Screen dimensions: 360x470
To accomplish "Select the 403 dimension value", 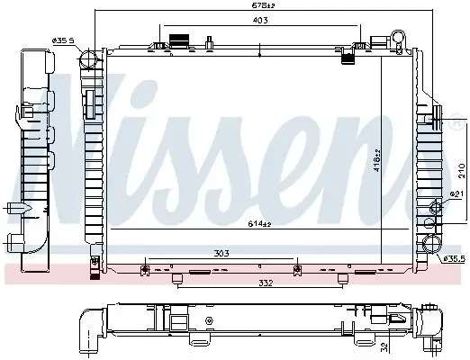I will point(260,21).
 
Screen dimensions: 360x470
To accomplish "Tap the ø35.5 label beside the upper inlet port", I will point(62,40).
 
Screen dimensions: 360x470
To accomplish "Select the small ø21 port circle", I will point(437,209).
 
